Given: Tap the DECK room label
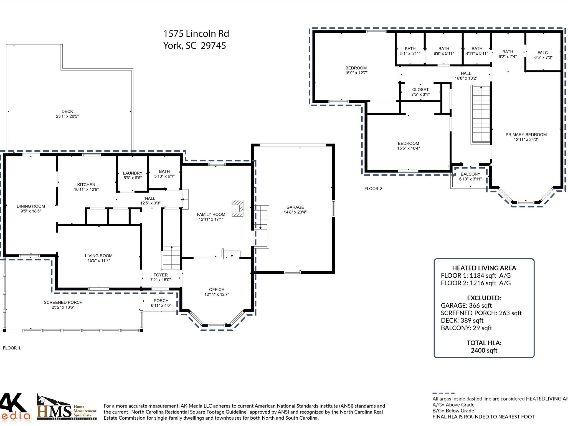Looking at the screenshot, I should pyautogui.click(x=67, y=111).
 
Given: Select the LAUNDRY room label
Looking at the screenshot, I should pyautogui.click(x=133, y=173).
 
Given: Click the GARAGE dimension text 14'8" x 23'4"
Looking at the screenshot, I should pyautogui.click(x=295, y=212).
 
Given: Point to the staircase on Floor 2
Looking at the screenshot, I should pyautogui.click(x=481, y=115).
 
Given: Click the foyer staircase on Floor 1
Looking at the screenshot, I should pyautogui.click(x=171, y=258).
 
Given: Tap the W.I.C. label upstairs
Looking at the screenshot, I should pyautogui.click(x=543, y=53).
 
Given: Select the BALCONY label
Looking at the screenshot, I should pyautogui.click(x=470, y=174).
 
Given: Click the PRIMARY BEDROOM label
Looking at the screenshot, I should pyautogui.click(x=526, y=135).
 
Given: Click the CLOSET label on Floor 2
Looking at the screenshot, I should pyautogui.click(x=420, y=90).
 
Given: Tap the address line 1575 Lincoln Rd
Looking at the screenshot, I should pyautogui.click(x=196, y=34).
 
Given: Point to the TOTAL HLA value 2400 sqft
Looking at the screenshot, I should pyautogui.click(x=484, y=351).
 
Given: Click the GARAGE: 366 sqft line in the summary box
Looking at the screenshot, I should pyautogui.click(x=466, y=305).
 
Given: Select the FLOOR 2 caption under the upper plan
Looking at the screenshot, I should pyautogui.click(x=373, y=189).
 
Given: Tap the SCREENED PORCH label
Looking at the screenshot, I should pyautogui.click(x=63, y=302).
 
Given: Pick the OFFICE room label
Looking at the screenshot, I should pyautogui.click(x=217, y=290).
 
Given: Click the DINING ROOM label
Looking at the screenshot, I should pyautogui.click(x=31, y=206).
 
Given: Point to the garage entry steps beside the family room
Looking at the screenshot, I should pyautogui.click(x=262, y=226).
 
